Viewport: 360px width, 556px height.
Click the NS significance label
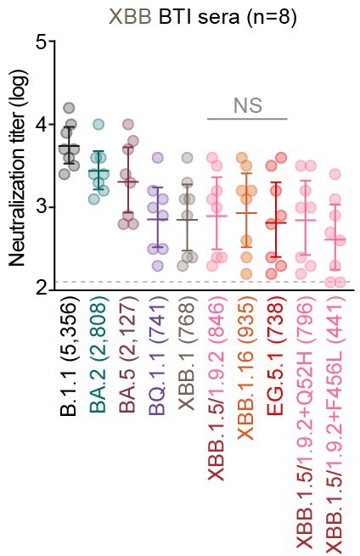point(247,106)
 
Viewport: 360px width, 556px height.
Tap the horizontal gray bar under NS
point(247,119)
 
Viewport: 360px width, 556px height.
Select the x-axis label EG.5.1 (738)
point(275,356)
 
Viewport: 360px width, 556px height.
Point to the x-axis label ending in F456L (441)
point(335,424)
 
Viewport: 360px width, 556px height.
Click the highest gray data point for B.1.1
point(69,108)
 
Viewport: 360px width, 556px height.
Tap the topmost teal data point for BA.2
point(98,125)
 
